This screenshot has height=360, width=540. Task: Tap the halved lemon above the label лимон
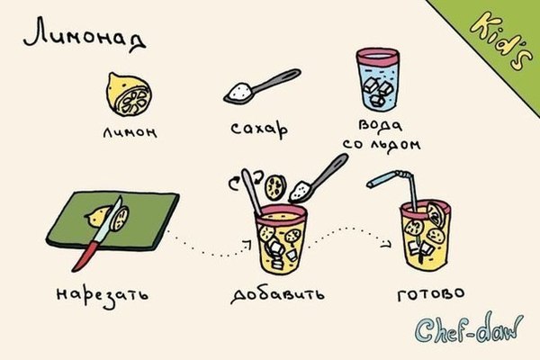pyautogui.click(x=128, y=94)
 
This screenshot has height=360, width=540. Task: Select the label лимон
pyautogui.click(x=130, y=131)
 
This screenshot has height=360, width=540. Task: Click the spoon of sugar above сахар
pyautogui.click(x=262, y=86)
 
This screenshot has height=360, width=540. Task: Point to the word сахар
pyautogui.click(x=259, y=130)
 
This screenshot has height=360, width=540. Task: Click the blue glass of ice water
pyautogui.click(x=378, y=79)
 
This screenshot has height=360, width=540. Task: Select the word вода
pyautogui.click(x=380, y=125)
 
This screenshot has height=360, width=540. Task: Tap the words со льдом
pyautogui.click(x=382, y=143)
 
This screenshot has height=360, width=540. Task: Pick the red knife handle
pyautogui.click(x=85, y=256)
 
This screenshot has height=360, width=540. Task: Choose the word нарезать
pyautogui.click(x=103, y=295)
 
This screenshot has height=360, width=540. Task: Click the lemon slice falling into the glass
pyautogui.click(x=275, y=187)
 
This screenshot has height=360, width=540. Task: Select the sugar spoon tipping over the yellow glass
pyautogui.click(x=319, y=178)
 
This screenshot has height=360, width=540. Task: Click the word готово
pyautogui.click(x=431, y=293)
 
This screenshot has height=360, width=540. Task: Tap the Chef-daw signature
pyautogui.click(x=469, y=328)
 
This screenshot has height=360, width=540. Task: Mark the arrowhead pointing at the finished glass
pyautogui.click(x=387, y=245)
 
